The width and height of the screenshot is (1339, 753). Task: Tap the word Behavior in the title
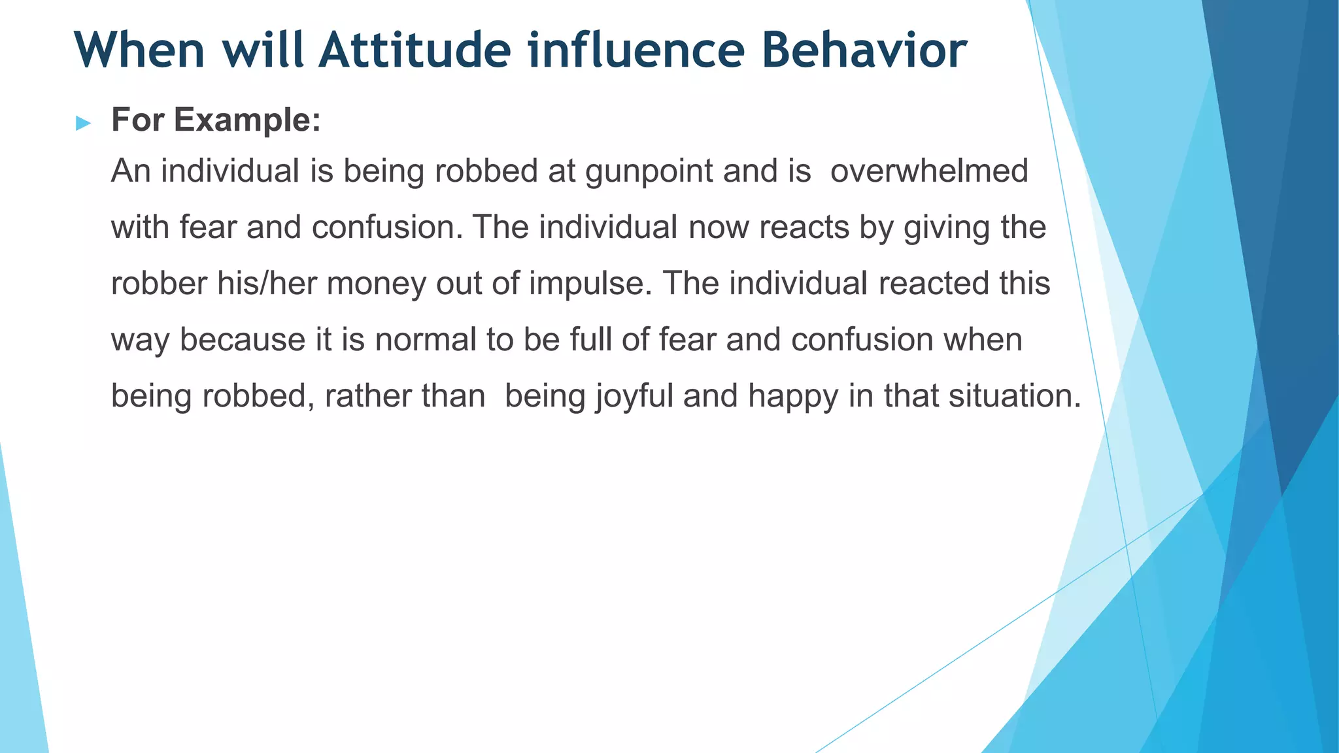(864, 50)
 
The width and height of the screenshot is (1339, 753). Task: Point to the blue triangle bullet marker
(83, 123)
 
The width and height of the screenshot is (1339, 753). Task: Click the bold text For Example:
(216, 120)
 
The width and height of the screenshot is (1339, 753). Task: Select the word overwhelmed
(929, 171)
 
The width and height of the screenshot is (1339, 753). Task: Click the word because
(243, 340)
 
